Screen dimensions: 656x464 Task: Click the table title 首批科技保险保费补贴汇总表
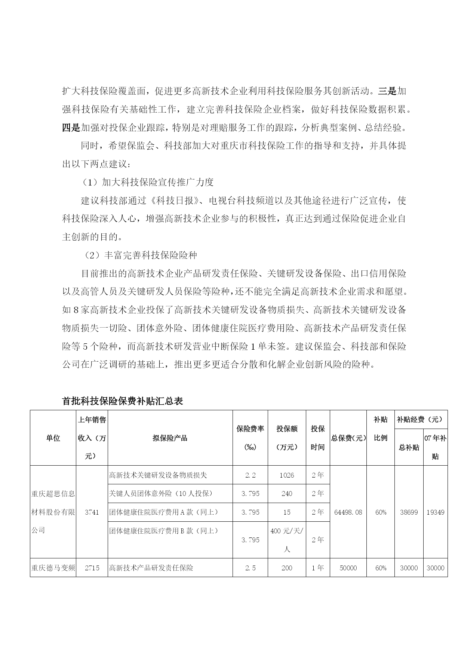[x=122, y=401]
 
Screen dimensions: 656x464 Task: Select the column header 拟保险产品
[x=170, y=438]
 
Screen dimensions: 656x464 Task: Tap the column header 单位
[x=53, y=438]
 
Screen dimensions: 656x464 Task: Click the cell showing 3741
[x=92, y=512]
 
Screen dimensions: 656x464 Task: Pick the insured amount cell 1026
[x=287, y=475]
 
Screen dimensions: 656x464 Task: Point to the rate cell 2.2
[x=250, y=475]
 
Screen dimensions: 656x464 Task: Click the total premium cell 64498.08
[x=348, y=512]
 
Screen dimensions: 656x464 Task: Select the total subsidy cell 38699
[x=409, y=512]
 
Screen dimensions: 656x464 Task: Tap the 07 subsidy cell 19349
[x=435, y=512]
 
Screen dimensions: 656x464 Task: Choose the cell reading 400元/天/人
[x=287, y=540]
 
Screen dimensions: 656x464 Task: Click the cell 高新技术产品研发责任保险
[x=151, y=568]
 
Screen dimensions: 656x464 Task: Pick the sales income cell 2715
[x=92, y=568]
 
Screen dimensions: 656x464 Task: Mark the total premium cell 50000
[x=348, y=568]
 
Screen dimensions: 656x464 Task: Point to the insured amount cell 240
[x=287, y=493]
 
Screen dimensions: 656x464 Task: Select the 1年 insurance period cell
[x=318, y=568]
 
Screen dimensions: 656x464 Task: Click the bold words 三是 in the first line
[x=387, y=91]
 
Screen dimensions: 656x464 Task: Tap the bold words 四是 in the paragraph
[x=71, y=128]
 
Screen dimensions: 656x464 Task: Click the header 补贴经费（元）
[x=421, y=420]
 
